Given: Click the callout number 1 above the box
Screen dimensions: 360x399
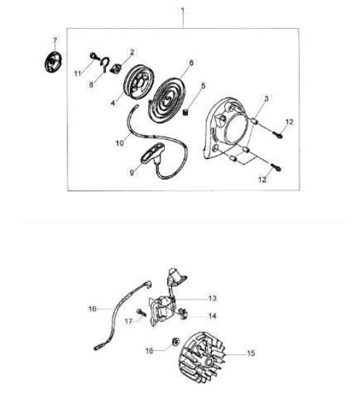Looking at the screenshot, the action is (183, 10).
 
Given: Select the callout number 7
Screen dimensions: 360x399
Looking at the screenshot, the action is (55, 41).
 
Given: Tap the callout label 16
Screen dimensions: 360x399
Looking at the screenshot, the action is (92, 309).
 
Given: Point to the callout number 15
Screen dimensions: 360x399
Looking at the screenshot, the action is (251, 353).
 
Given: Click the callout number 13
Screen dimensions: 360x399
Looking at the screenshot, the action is (213, 298).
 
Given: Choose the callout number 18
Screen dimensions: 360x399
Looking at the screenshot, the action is (150, 351).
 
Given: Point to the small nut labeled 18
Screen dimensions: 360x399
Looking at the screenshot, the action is (176, 342).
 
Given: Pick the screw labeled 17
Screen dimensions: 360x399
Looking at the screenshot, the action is (142, 312).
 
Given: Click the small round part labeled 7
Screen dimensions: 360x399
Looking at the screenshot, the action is (54, 62).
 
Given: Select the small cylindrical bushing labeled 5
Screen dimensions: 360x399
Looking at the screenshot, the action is (186, 112).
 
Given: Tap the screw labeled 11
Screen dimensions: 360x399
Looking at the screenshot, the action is (94, 56).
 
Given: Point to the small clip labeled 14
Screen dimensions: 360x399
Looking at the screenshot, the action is (184, 313).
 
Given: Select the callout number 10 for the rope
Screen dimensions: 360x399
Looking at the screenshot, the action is (120, 143).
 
